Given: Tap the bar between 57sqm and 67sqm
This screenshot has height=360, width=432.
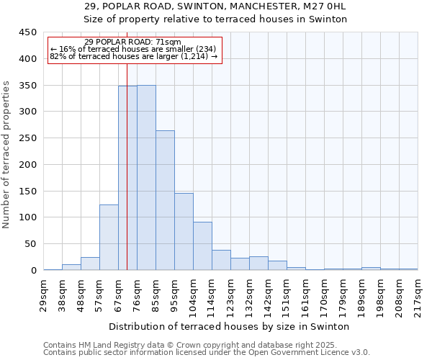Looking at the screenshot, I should point(109,238).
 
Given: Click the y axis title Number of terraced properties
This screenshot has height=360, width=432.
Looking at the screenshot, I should point(7,155).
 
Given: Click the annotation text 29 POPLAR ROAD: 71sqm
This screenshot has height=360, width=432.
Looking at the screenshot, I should point(132,42).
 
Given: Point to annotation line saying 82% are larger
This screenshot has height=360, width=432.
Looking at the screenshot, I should point(133,56).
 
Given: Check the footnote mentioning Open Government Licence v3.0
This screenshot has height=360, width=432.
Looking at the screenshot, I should point(206,353).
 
